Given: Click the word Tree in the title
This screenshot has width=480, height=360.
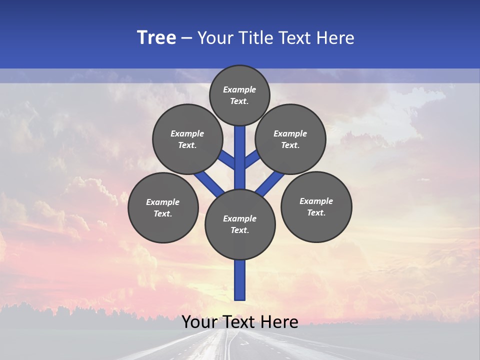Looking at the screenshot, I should point(156,37).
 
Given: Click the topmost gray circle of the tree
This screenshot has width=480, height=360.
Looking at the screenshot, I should point(239,95).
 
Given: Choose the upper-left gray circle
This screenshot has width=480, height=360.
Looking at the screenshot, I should point(187,139).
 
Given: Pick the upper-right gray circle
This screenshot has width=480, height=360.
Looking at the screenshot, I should point(290,139).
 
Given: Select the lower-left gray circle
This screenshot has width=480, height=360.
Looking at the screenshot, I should point(163,207).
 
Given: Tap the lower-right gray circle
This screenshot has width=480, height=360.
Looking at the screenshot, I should point(316,206).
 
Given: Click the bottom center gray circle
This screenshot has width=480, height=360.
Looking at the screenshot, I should point(240,224).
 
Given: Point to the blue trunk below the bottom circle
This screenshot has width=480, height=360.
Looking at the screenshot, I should point(240,280).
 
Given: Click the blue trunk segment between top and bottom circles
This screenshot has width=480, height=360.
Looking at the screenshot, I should point(240,157).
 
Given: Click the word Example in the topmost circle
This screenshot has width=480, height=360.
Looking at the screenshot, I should point(239,89).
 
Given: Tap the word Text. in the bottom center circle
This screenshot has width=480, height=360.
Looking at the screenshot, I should point(239,230).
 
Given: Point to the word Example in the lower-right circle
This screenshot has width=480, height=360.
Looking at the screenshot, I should point(316,201).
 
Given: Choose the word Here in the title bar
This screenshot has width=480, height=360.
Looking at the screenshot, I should point(335,38).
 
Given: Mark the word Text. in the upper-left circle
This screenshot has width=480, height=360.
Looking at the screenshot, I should point(187,145).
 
